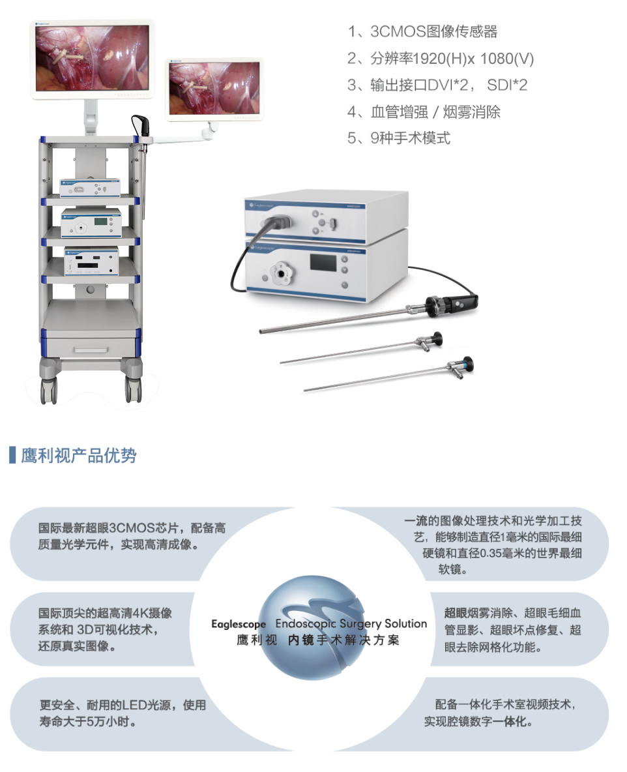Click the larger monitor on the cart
coord(92,59)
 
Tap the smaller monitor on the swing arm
coord(214,89)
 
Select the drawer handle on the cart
coord(91,349)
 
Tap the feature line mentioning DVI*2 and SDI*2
coord(437,85)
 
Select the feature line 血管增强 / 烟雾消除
coord(424,111)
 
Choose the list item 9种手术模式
coord(399,138)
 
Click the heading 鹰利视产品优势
coord(78,455)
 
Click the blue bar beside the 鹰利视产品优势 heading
coord(12,455)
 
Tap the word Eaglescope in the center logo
coord(239,624)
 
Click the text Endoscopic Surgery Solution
coord(351,623)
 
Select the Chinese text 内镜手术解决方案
coord(343,640)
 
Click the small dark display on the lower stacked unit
coord(323,262)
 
